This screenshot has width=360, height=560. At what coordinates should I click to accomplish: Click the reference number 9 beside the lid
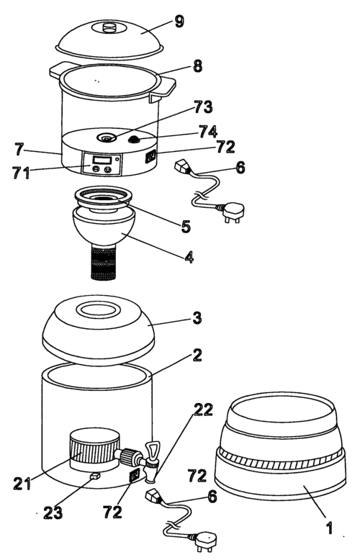[179, 22]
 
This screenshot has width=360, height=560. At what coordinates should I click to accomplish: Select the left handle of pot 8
[58, 70]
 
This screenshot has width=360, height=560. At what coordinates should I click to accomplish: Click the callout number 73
[203, 107]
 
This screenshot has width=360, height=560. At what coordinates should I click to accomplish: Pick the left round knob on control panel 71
[95, 169]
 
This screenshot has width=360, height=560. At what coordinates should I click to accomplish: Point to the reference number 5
[186, 226]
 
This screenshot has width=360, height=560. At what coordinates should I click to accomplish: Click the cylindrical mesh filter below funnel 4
[103, 263]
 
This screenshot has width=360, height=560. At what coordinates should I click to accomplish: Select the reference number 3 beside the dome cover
[197, 318]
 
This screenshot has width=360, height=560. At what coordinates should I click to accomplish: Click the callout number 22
[203, 410]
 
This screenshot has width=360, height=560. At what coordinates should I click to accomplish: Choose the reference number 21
[22, 484]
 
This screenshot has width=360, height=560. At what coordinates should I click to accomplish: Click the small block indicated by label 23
[94, 476]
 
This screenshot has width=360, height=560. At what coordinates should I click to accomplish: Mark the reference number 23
[53, 513]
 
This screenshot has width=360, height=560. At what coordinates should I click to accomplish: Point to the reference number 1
[329, 528]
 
